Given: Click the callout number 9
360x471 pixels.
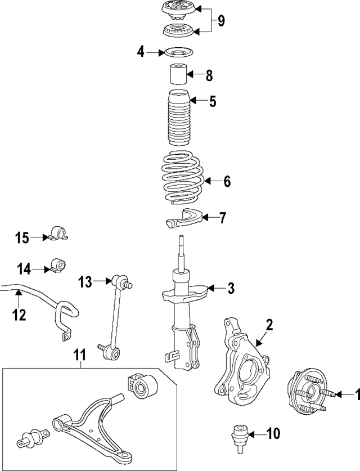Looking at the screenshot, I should (221, 21).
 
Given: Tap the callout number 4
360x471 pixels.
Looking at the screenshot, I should (141, 53).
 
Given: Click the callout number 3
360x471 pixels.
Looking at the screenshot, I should (231, 289).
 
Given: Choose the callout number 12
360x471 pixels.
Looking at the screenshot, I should (19, 315).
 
